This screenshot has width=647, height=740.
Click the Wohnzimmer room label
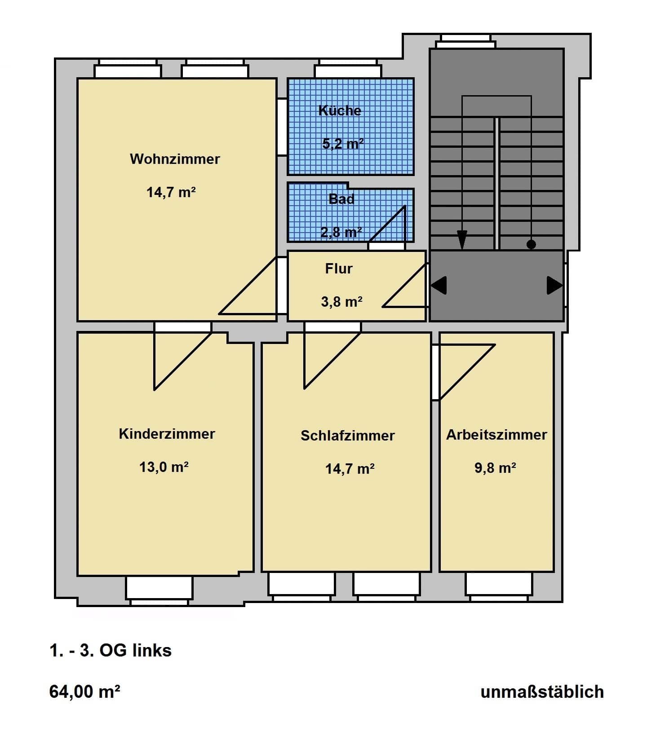pyautogui.click(x=175, y=159)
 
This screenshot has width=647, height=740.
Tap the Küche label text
pyautogui.click(x=340, y=110)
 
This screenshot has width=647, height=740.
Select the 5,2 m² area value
pyautogui.click(x=343, y=144)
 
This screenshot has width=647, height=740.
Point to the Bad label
pyautogui.click(x=341, y=198)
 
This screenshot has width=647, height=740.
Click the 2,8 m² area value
pyautogui.click(x=341, y=232)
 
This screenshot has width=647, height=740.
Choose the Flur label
pyautogui.click(x=339, y=269)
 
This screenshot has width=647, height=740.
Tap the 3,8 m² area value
pyautogui.click(x=342, y=302)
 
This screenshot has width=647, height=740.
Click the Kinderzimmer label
pyautogui.click(x=167, y=434)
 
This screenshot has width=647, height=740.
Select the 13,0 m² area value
pyautogui.click(x=164, y=467)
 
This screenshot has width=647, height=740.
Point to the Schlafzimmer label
pyautogui.click(x=348, y=436)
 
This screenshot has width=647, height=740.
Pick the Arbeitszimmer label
pyautogui.click(x=496, y=435)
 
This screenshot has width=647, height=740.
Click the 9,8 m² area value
pyautogui.click(x=495, y=468)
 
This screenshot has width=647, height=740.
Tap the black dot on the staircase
pyautogui.click(x=531, y=245)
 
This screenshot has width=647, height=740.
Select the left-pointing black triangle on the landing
pyautogui.click(x=439, y=285)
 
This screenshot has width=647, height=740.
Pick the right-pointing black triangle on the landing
pyautogui.click(x=555, y=285)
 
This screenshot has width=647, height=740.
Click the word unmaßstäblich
pyautogui.click(x=542, y=692)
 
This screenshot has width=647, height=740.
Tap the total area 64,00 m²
pyautogui.click(x=84, y=692)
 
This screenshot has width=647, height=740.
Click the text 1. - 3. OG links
pyautogui.click(x=111, y=651)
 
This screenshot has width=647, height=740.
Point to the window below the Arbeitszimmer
pyautogui.click(x=499, y=587)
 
